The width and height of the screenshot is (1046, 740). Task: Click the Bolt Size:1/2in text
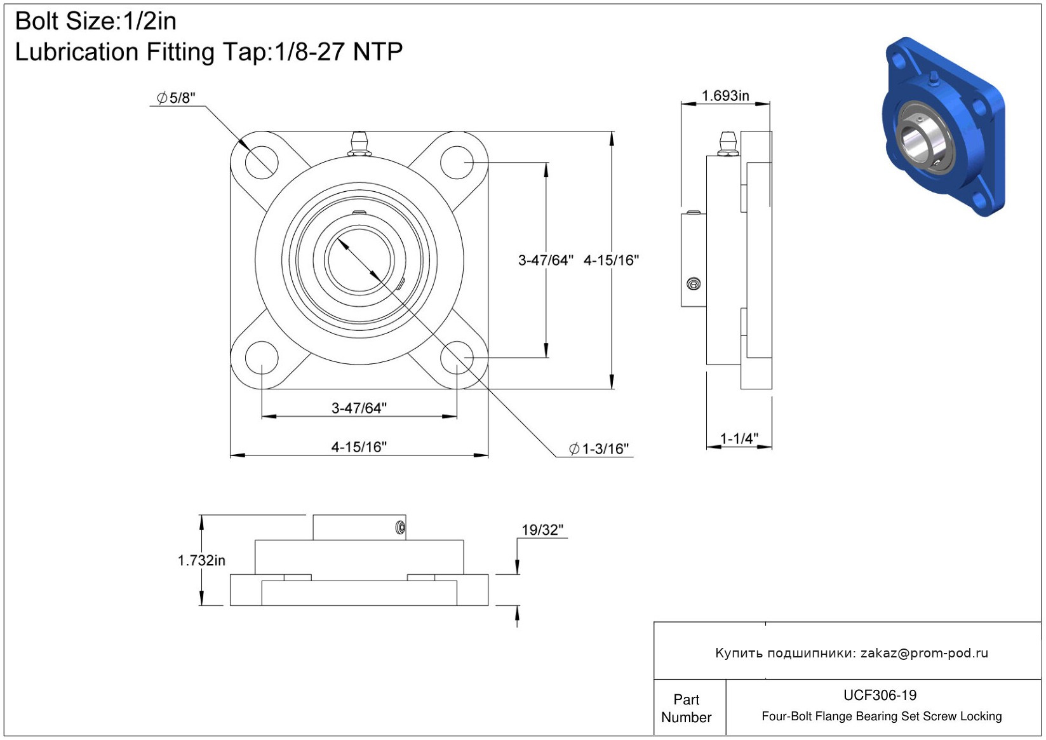[x=96, y=22]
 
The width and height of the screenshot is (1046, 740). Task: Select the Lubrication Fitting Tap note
[x=208, y=52]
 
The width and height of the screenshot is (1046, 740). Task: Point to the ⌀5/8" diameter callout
[x=177, y=98]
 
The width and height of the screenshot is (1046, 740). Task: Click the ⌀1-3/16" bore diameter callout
[x=600, y=449]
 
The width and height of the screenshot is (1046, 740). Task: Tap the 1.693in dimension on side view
[x=725, y=96]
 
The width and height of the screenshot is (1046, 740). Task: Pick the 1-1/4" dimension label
[x=739, y=438]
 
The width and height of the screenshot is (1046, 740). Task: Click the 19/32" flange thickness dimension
[x=542, y=530]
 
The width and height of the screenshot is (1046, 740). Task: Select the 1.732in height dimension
[x=201, y=560]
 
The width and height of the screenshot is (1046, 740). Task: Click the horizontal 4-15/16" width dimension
[x=359, y=447]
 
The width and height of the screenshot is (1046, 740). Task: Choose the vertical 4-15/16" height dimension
[x=611, y=260]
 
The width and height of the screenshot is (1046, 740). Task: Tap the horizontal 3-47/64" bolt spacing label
[x=359, y=408]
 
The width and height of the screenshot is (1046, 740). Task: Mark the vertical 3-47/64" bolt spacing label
[x=546, y=260]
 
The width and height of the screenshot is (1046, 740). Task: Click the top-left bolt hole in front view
[x=261, y=161]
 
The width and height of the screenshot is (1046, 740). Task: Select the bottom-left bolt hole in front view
[x=261, y=358]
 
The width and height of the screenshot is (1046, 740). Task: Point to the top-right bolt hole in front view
[x=457, y=161]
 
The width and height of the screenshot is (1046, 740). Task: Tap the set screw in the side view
[x=694, y=284]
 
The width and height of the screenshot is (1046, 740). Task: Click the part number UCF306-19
[x=880, y=696]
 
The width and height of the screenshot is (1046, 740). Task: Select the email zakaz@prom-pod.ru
[x=924, y=653]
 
